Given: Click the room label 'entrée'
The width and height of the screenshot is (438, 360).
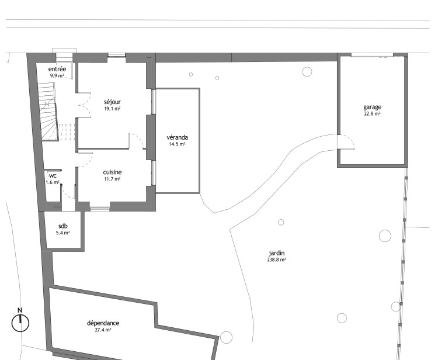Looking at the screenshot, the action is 57,69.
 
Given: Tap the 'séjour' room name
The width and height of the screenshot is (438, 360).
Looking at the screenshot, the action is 112,102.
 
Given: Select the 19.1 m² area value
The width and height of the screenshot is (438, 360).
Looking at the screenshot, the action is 112,109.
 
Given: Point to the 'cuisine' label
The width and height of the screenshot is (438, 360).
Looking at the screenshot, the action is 112,172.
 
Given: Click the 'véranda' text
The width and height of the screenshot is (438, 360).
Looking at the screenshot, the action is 177,137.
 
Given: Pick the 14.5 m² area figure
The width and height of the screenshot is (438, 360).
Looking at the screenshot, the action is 177,144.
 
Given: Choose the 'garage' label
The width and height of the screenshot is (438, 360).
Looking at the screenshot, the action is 373,108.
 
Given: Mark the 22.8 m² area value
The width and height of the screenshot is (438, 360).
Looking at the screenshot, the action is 373,114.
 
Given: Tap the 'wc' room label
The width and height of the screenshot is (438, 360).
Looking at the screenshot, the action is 53,176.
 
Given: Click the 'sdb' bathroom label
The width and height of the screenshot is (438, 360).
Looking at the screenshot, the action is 63,226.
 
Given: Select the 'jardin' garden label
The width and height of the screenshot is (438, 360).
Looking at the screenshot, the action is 277,253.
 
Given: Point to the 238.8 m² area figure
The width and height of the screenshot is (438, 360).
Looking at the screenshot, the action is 277,259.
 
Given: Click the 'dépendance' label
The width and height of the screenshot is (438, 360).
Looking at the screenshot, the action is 103,323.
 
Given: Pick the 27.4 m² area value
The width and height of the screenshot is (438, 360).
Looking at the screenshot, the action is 103,330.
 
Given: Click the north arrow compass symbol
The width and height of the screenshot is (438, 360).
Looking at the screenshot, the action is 20,323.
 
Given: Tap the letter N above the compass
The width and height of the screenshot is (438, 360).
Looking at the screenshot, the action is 20,310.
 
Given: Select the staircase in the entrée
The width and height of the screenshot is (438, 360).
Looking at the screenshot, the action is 48,111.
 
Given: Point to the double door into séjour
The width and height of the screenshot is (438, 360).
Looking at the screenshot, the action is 84,105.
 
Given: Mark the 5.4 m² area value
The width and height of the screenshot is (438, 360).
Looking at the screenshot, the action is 63,233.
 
